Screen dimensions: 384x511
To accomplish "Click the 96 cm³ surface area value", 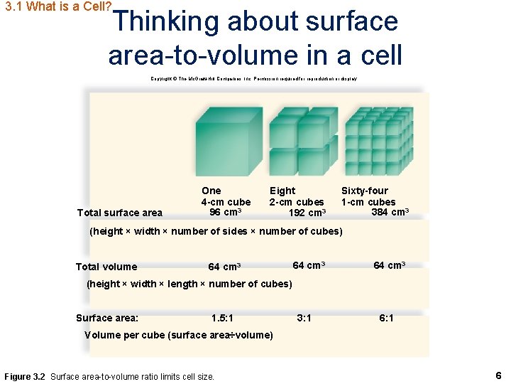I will pyautogui.click(x=226, y=213).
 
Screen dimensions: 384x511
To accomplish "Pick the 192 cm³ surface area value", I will pyautogui.click(x=307, y=213).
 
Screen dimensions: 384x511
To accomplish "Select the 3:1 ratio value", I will pyautogui.click(x=304, y=318).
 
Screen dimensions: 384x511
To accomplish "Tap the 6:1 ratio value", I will pyautogui.click(x=387, y=318).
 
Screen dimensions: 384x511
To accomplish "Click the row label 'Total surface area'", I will pyautogui.click(x=120, y=213).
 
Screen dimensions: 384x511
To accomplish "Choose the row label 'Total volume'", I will pyautogui.click(x=106, y=267).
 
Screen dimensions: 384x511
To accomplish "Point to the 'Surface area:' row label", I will pyautogui.click(x=107, y=318).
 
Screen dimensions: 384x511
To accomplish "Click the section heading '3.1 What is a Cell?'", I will pyautogui.click(x=57, y=8).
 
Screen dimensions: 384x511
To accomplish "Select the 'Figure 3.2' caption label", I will pyautogui.click(x=26, y=375).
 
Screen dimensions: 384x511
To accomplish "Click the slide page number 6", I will pyautogui.click(x=498, y=375).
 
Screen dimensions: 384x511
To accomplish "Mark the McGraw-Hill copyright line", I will pyautogui.click(x=253, y=79).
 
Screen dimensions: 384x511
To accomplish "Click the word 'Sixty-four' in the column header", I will pyautogui.click(x=365, y=191).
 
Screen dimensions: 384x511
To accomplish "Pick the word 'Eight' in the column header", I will pyautogui.click(x=282, y=191).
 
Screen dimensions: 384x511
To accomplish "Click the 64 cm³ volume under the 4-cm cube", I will pyautogui.click(x=224, y=267).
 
